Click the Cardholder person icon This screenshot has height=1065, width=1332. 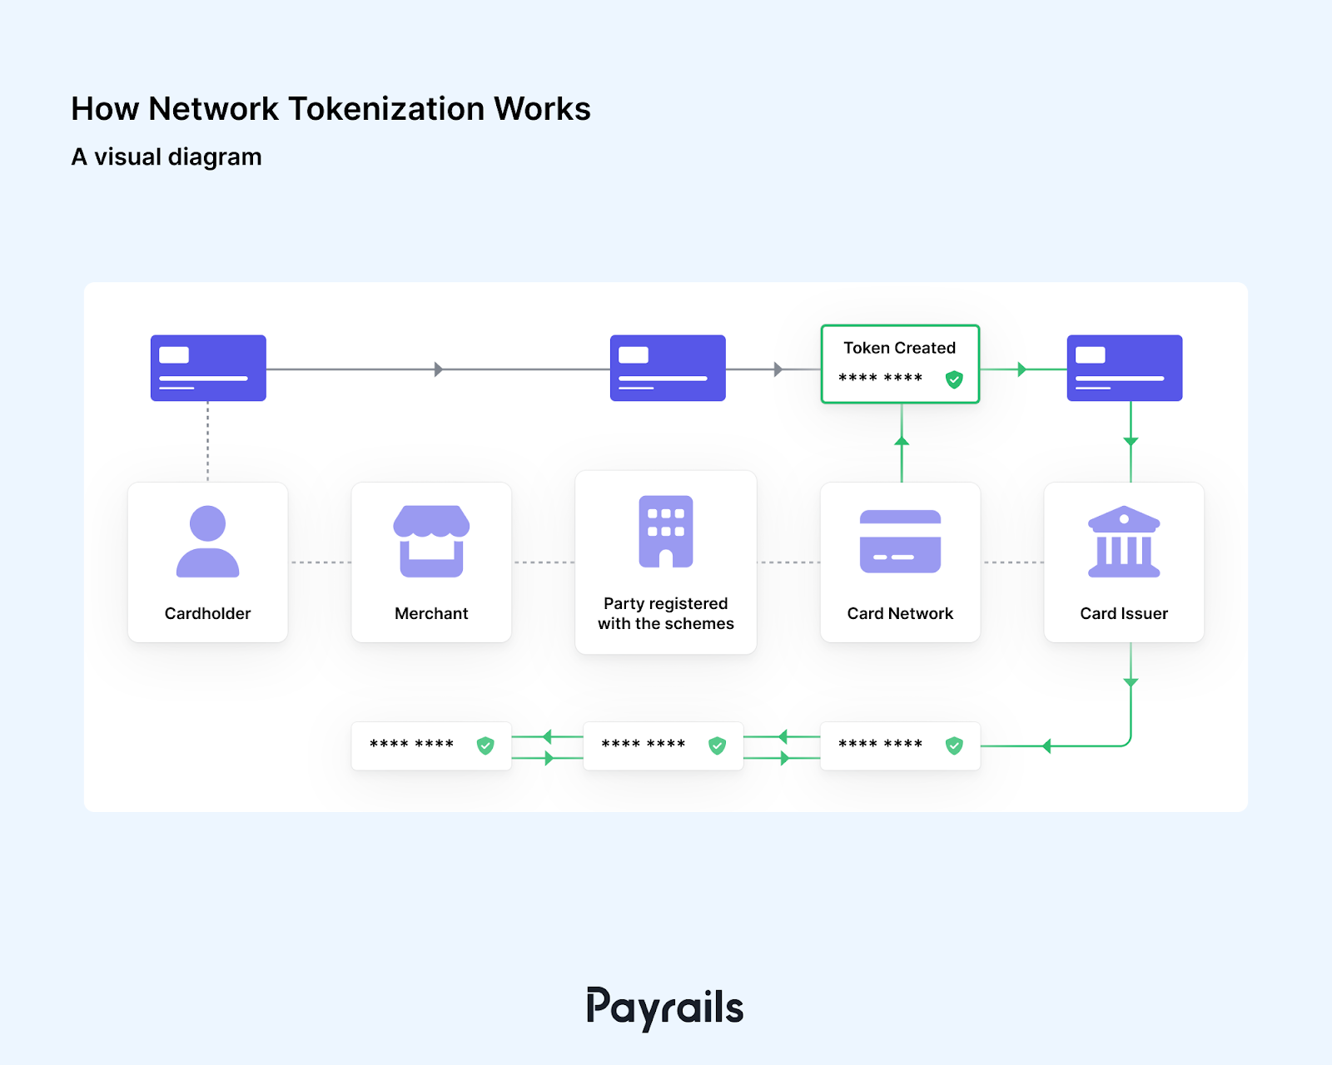207,542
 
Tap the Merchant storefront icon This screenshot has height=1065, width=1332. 431,541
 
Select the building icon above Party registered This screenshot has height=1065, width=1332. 665,532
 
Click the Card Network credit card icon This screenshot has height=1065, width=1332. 900,542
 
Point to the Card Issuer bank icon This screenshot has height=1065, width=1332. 1124,542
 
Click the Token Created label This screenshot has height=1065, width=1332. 899,348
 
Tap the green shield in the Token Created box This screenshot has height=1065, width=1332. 954,379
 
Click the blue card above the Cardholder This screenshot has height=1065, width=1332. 208,368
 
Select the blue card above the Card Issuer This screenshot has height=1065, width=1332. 1125,368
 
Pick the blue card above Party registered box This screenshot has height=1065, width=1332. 668,368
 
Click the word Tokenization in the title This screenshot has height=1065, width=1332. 385,109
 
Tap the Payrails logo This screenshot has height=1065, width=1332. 664,1008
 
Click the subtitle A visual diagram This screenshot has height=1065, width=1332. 166,156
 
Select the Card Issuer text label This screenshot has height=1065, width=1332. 1124,613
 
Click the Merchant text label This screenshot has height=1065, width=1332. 431,613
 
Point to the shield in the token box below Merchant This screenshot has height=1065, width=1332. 485,745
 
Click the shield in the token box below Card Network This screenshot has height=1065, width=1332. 954,745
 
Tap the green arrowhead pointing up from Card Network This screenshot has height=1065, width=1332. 902,440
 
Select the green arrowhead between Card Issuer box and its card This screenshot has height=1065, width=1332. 1131,441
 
